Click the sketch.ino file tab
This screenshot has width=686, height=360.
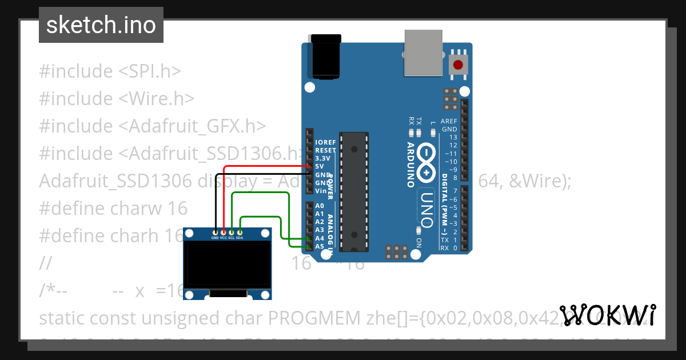point(101,25)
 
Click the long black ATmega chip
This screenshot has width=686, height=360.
point(354,191)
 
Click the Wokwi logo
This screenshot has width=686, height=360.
point(608,315)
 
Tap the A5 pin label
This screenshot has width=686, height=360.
point(320,246)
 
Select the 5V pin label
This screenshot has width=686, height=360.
point(319,166)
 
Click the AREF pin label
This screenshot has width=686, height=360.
point(449,121)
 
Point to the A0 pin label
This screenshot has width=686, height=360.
point(320,206)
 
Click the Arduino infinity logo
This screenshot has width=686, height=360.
point(426,163)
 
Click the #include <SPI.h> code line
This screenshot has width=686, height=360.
point(110,71)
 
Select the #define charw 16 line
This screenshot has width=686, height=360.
point(113,208)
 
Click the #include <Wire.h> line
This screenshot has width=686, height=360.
point(117,99)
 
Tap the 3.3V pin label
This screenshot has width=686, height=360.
point(322,158)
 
